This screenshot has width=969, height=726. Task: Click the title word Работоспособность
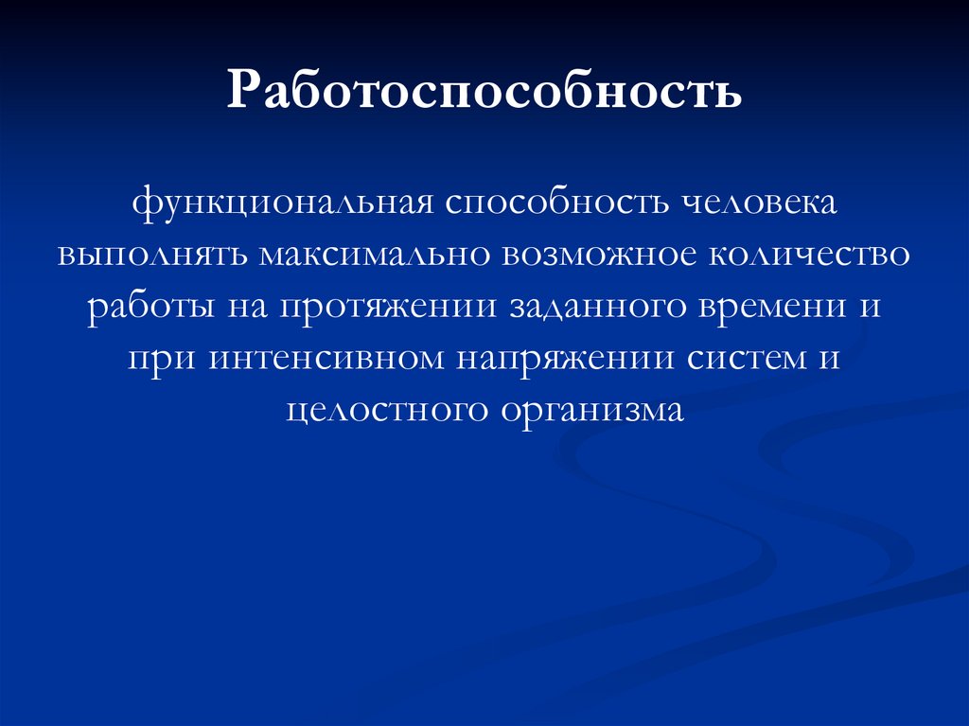pos(484,92)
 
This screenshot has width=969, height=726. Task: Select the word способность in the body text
pos(548,204)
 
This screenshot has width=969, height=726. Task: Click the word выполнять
pos(150,256)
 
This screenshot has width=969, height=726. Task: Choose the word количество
pos(807,256)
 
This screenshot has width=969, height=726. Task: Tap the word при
pos(161,359)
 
